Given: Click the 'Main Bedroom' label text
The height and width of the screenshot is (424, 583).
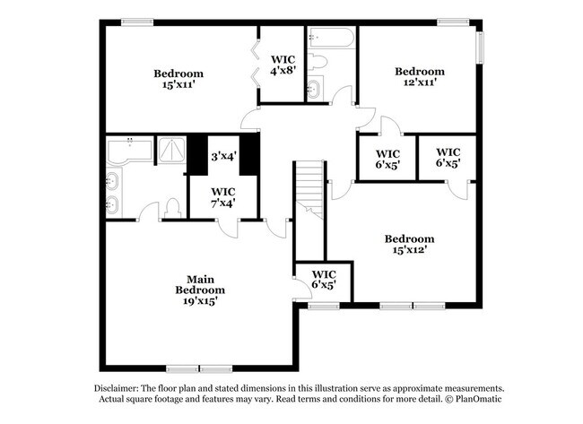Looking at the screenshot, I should click(199, 284).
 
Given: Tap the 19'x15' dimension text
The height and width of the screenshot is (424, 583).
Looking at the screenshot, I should click(199, 302).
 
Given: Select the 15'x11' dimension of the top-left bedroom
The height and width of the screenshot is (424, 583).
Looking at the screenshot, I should click(178, 85).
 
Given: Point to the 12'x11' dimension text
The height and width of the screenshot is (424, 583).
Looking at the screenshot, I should click(419, 82).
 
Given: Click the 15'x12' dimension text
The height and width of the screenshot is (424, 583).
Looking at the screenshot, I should click(409, 250).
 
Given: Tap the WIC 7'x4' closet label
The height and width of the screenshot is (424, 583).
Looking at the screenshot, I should click(223, 197).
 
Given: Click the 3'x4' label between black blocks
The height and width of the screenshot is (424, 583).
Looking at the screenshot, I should click(223, 156).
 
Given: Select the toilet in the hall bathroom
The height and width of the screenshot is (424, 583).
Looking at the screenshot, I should click(318, 62).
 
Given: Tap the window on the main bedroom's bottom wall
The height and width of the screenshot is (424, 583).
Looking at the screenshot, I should click(183, 368).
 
